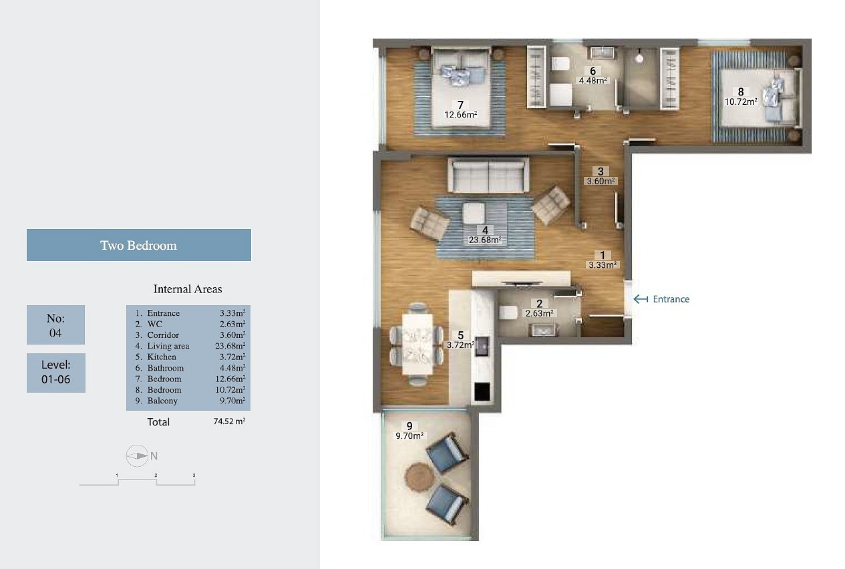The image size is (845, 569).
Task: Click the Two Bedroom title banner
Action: (139, 245)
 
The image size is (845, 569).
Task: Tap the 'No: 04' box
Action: (56, 325)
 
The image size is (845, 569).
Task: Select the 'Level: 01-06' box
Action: (56, 373)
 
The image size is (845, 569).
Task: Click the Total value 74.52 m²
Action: (229, 421)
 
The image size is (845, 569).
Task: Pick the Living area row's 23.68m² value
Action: (230, 345)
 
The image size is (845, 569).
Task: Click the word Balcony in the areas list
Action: (162, 401)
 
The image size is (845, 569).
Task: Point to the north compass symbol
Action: (137, 456)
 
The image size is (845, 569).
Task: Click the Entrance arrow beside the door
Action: (641, 299)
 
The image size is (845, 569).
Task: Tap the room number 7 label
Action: (460, 105)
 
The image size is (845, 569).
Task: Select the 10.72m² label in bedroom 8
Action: (741, 102)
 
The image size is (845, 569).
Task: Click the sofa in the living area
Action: (488, 175)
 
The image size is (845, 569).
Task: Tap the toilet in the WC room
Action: (508, 313)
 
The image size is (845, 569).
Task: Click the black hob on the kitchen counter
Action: (482, 392)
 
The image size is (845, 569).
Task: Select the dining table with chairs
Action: (417, 344)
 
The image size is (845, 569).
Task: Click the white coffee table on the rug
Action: (474, 214)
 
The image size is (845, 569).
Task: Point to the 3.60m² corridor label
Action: (601, 181)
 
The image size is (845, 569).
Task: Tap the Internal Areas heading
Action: (188, 289)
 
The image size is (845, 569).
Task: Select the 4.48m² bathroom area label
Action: (593, 80)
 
